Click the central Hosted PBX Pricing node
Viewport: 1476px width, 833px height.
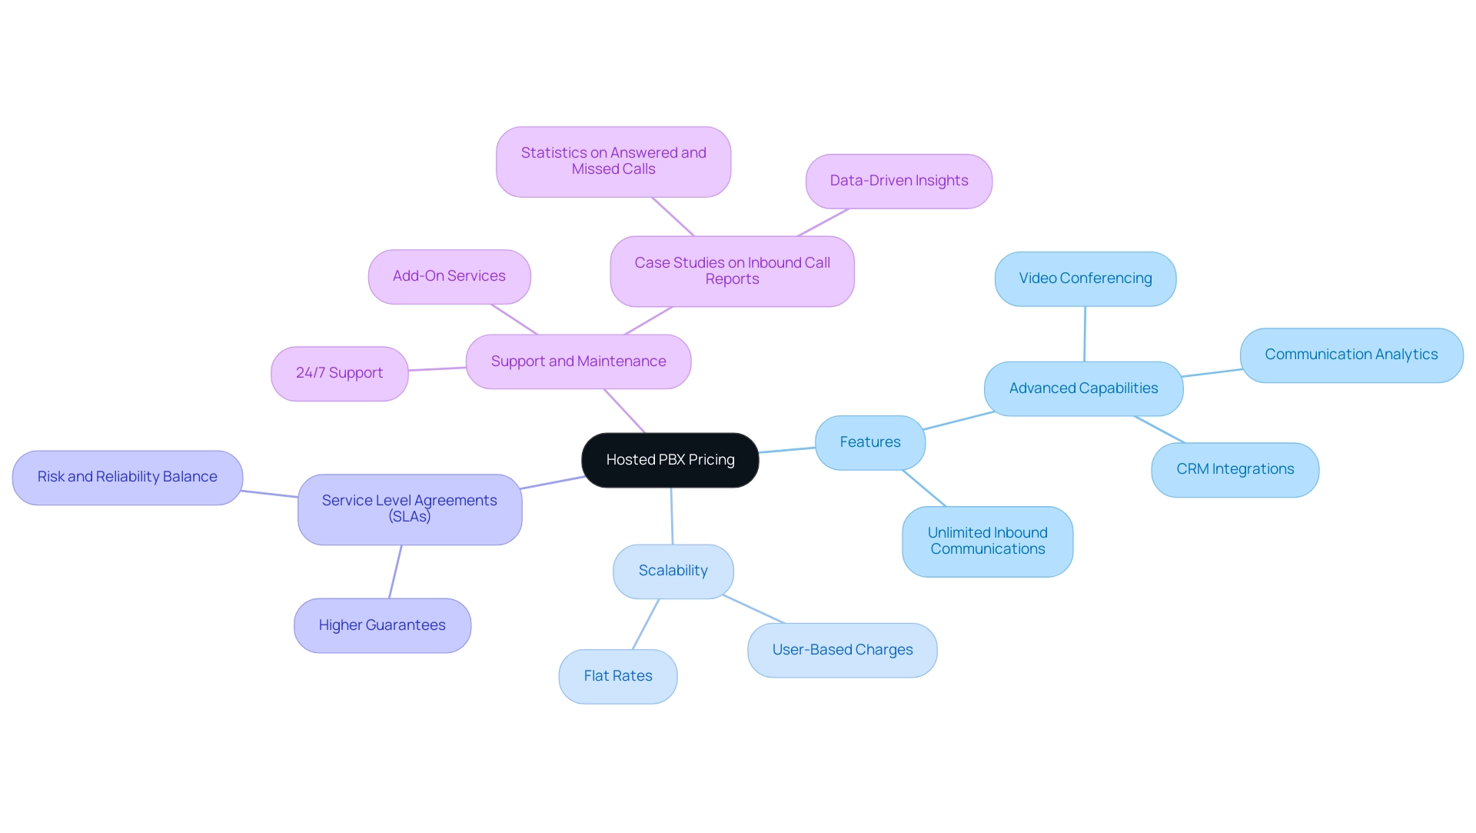click(670, 460)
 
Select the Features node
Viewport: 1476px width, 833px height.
click(869, 442)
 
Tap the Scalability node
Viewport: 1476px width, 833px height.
click(673, 571)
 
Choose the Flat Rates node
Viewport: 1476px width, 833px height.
click(617, 676)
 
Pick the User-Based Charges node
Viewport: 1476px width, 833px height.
click(842, 650)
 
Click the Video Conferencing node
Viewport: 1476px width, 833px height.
click(1085, 278)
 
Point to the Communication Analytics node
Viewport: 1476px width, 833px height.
click(1351, 355)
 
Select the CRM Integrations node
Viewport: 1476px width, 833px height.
click(1235, 469)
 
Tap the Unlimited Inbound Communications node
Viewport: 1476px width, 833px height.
click(987, 541)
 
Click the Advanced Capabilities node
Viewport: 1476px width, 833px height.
click(1083, 388)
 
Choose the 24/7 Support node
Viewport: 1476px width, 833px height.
click(339, 373)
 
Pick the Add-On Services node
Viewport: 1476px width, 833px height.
click(449, 276)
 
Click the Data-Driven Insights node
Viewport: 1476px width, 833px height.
click(899, 181)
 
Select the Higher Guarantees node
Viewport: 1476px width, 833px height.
click(382, 625)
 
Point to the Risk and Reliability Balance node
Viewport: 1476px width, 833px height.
click(127, 477)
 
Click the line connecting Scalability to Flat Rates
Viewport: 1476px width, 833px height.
click(646, 625)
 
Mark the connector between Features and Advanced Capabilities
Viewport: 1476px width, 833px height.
click(959, 420)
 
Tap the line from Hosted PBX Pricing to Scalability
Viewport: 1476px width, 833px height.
click(672, 516)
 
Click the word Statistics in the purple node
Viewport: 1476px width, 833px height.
click(553, 153)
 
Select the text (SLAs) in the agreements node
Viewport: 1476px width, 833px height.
click(409, 517)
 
